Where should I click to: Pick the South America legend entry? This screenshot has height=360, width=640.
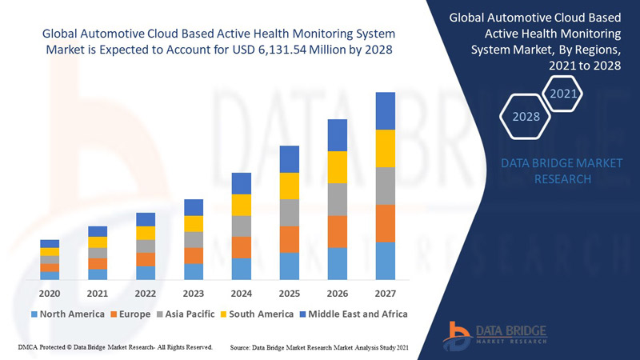260,314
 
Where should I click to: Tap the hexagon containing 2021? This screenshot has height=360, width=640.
563,94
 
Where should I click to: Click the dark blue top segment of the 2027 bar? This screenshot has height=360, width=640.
385,110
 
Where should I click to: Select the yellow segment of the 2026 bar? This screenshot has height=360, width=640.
337,166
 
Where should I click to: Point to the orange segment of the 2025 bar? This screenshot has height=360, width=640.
289,239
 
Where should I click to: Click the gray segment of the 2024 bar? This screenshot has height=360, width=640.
241,226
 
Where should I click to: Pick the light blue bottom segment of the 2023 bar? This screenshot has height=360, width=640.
193,271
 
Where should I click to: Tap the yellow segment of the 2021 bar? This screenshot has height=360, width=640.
98,242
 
